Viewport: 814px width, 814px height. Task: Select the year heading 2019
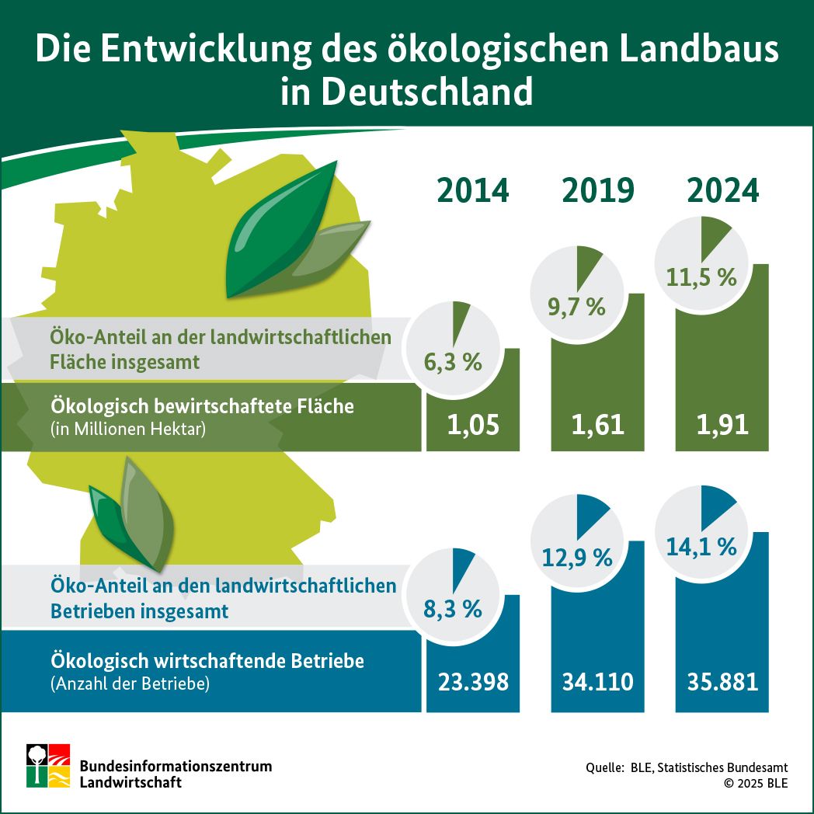tap(597, 190)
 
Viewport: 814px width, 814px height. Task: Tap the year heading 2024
tap(722, 190)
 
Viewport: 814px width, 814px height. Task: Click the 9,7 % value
tap(576, 307)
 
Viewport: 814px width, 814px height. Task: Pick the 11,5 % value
tap(701, 277)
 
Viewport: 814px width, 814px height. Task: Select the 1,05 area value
tap(472, 424)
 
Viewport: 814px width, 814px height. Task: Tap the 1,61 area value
tap(597, 424)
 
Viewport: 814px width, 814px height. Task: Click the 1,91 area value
tap(722, 424)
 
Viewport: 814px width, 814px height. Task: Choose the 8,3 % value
tap(453, 609)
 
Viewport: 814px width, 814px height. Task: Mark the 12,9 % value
tap(576, 557)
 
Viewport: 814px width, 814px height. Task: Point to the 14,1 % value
tap(701, 547)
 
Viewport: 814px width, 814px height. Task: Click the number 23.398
tap(472, 682)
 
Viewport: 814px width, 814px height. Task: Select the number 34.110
tap(597, 682)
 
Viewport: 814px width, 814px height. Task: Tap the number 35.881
tap(722, 682)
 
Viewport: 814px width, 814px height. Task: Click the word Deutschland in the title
tap(426, 92)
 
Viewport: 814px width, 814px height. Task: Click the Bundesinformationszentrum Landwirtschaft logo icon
tap(48, 766)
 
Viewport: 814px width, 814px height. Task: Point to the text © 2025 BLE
tap(755, 783)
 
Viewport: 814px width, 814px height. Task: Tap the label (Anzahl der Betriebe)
tap(130, 684)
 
